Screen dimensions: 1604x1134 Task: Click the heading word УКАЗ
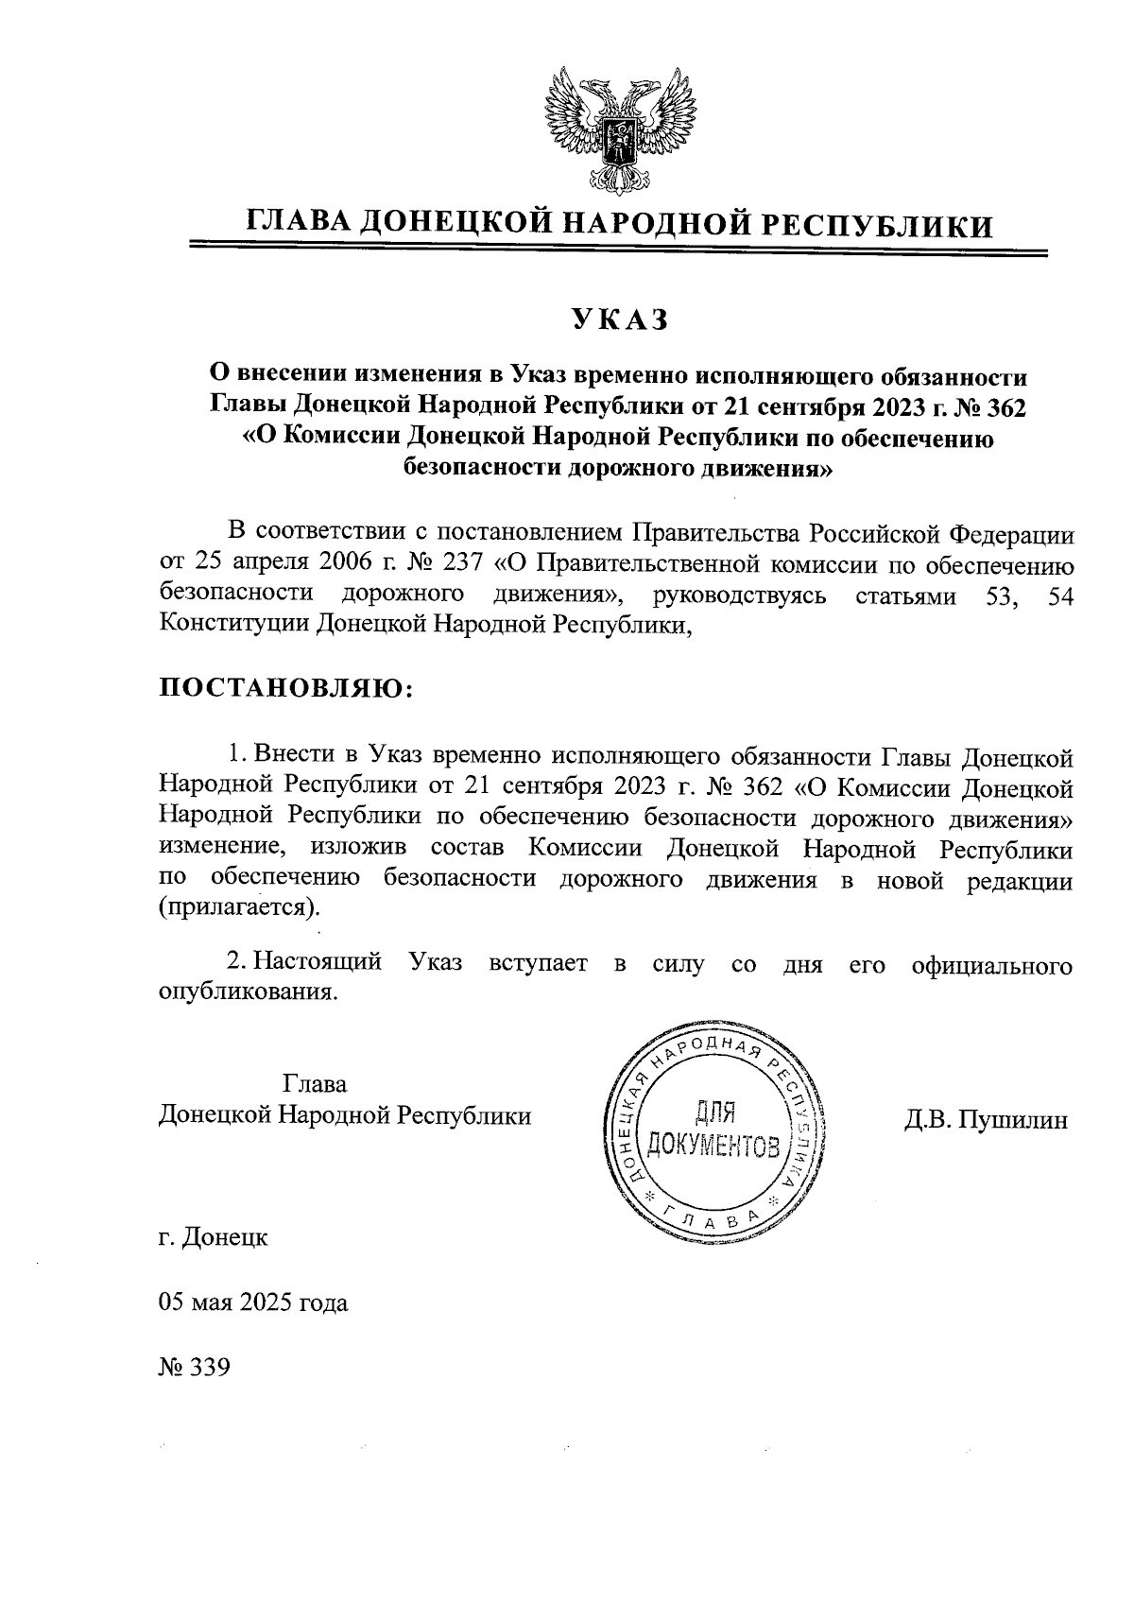tap(619, 319)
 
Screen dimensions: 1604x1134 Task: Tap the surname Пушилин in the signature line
tap(1012, 1121)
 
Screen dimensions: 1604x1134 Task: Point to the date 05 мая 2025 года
tap(253, 1303)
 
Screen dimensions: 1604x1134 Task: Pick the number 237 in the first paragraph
tap(460, 564)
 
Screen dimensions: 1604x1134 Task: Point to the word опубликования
tap(248, 992)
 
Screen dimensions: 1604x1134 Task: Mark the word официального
tap(992, 964)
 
